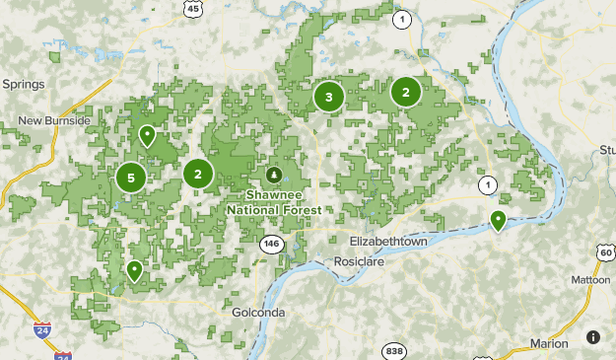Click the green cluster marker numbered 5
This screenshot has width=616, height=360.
pyautogui.click(x=130, y=178)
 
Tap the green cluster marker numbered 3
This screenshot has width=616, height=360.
pyautogui.click(x=328, y=97)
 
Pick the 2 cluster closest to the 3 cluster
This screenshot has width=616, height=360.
pyautogui.click(x=405, y=92)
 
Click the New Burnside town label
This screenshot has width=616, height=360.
pyautogui.click(x=54, y=120)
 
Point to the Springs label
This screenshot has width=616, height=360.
pyautogui.click(x=24, y=84)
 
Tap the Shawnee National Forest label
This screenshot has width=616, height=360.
pyautogui.click(x=273, y=202)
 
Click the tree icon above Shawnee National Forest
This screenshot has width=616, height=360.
pyautogui.click(x=273, y=175)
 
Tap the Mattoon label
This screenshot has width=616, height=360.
pyautogui.click(x=591, y=280)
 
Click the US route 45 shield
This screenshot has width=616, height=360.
pyautogui.click(x=193, y=9)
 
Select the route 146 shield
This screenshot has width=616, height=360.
pyautogui.click(x=272, y=243)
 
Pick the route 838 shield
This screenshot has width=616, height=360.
pyautogui.click(x=395, y=350)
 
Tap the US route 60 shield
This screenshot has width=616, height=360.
pyautogui.click(x=605, y=252)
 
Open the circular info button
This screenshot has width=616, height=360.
pyautogui.click(x=593, y=337)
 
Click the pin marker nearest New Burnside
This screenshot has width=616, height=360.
pyautogui.click(x=147, y=135)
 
